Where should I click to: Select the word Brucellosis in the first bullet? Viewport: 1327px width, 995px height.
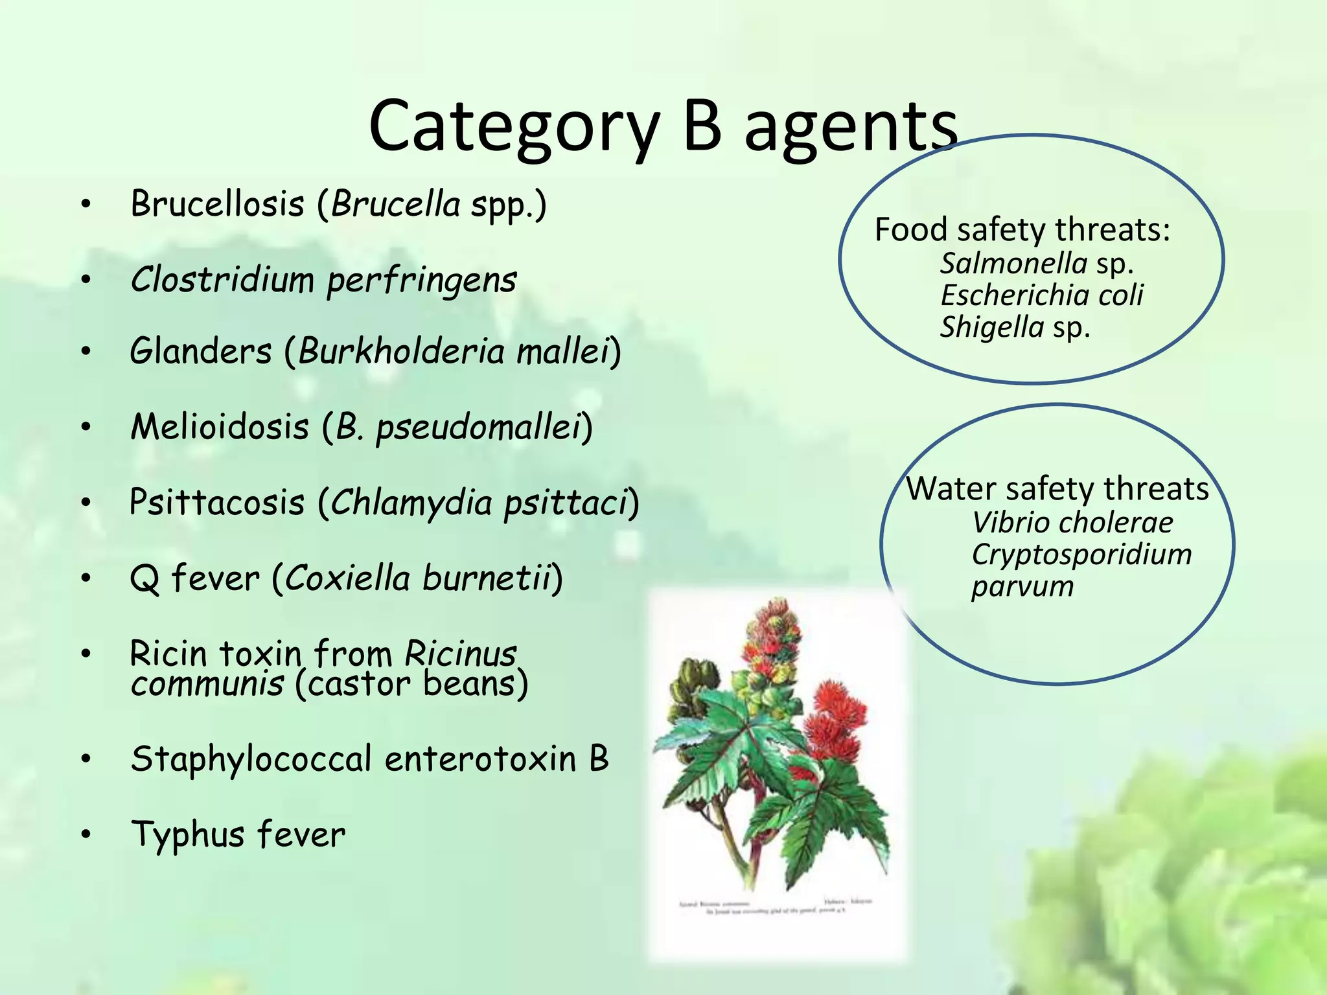218,204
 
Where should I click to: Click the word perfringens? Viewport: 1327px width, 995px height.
421,280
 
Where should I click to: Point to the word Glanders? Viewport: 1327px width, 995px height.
201,352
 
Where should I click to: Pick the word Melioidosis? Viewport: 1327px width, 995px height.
220,428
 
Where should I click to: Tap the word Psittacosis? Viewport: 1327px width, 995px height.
217,503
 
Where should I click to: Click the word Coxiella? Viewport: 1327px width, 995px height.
347,578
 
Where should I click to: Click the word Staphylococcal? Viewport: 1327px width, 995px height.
251,759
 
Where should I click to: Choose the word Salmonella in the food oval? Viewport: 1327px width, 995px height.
1013,264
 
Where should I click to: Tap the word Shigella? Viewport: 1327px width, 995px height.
992,327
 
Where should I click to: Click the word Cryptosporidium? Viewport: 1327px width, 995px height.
1081,555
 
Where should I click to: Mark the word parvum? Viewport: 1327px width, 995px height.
1022,587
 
